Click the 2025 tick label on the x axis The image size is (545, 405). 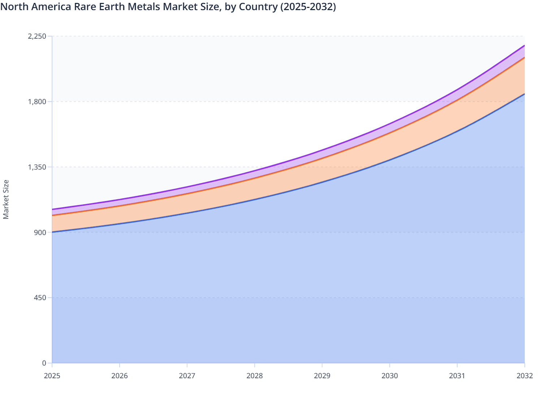point(52,376)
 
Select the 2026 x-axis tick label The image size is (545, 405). point(120,376)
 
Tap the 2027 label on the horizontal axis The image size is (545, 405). point(187,376)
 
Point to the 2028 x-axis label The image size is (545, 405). point(254,376)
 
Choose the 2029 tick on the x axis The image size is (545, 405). point(322,376)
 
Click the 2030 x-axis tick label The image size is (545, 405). point(390,376)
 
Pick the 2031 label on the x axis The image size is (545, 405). point(457,376)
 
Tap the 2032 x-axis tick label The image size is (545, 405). point(524,376)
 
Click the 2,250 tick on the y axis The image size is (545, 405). point(37,36)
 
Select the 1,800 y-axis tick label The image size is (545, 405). point(37,102)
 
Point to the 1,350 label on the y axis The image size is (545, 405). point(37,167)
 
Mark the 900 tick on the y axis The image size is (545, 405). point(40,232)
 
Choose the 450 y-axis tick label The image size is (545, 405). point(40,298)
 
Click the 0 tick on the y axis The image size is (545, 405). point(44,363)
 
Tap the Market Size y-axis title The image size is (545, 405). point(6,199)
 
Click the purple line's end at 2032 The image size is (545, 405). point(524,46)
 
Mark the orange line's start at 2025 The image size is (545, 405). point(52,215)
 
